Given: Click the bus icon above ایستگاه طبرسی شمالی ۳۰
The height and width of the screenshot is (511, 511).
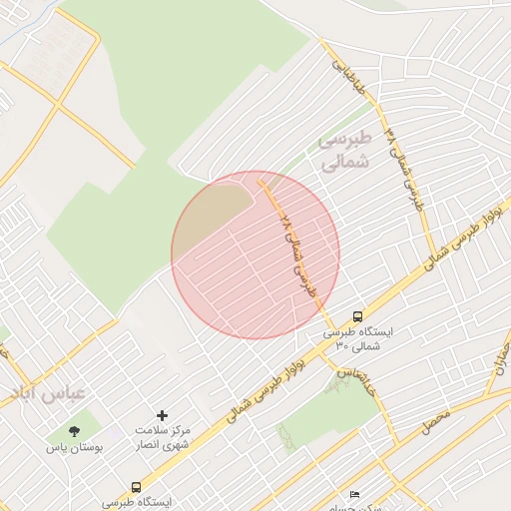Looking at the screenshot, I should [357, 316].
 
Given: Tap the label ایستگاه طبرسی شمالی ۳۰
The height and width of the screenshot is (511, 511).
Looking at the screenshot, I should [358, 337].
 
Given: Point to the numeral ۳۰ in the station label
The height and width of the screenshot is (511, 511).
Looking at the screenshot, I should [342, 345].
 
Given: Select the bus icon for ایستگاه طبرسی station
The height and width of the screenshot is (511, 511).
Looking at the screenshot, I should [136, 488].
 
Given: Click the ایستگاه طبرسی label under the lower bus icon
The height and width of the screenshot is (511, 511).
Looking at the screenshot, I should [137, 502].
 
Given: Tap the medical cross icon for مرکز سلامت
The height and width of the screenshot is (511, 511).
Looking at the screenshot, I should [163, 414].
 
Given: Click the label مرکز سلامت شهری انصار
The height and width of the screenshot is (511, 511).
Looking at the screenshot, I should [163, 436].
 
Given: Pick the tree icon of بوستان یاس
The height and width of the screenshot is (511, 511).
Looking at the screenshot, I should [74, 431].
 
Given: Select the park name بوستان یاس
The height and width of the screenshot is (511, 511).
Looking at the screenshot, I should [74, 448].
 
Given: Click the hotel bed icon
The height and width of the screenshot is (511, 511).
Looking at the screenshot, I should [353, 495].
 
